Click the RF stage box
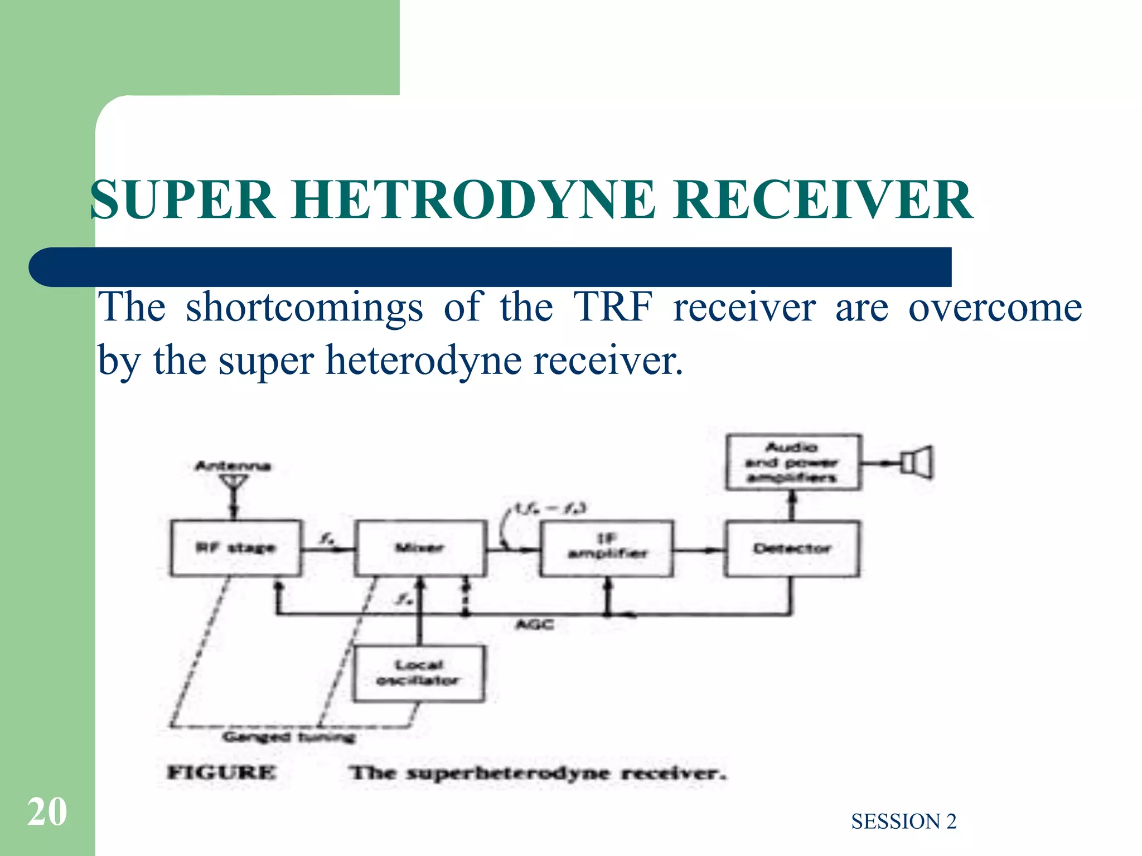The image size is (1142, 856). pyautogui.click(x=236, y=548)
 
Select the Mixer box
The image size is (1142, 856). pyautogui.click(x=420, y=548)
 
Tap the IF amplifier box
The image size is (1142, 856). pyautogui.click(x=607, y=548)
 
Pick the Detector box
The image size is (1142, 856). pyautogui.click(x=792, y=548)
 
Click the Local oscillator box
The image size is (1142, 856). pyautogui.click(x=419, y=673)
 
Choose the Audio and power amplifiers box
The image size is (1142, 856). pyautogui.click(x=793, y=463)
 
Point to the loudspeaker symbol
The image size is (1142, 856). pyautogui.click(x=917, y=463)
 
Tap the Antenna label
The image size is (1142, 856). pyautogui.click(x=233, y=466)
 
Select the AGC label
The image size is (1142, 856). pyautogui.click(x=535, y=625)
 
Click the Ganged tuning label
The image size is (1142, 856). pyautogui.click(x=289, y=737)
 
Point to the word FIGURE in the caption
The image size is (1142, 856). pyautogui.click(x=221, y=772)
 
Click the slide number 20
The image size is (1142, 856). pyautogui.click(x=47, y=812)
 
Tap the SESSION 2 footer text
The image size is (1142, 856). pyautogui.click(x=903, y=821)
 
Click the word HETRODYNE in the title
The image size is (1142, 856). pyautogui.click(x=473, y=200)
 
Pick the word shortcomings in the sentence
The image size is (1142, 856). pyautogui.click(x=304, y=307)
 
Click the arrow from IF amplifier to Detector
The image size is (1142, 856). pyautogui.click(x=699, y=550)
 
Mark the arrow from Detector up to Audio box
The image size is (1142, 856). pyautogui.click(x=792, y=505)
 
